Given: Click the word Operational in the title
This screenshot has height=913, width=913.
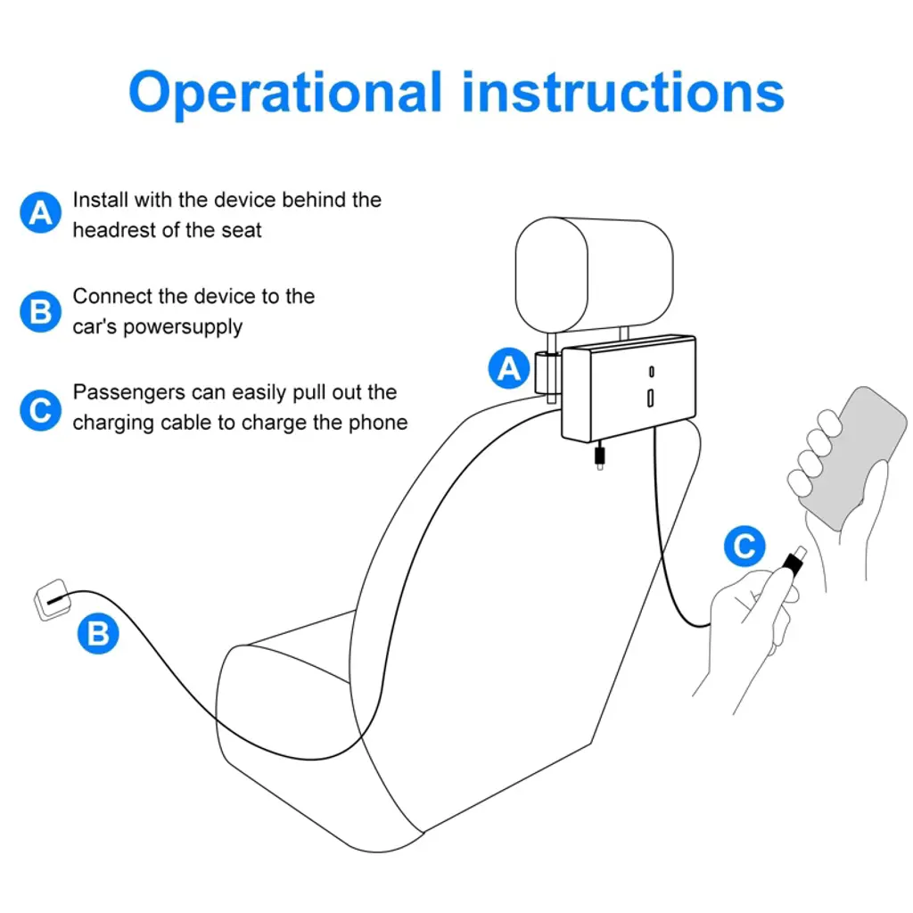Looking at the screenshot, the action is click(286, 93).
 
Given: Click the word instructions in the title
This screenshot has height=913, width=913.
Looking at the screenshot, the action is click(623, 92).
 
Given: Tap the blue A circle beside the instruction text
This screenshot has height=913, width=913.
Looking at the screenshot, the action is click(41, 212).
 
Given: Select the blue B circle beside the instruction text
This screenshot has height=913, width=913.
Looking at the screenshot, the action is click(41, 311).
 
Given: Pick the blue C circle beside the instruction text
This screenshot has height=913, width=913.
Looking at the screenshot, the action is click(41, 410).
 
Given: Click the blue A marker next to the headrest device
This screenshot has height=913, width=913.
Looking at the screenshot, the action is click(509, 368).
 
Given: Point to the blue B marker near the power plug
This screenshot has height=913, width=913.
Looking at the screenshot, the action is click(98, 633).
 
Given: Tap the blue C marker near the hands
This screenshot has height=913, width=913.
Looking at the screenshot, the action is click(744, 547).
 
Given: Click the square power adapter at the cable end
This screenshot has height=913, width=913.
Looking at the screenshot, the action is click(53, 600).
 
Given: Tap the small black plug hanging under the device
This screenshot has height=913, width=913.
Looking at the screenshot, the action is click(600, 456).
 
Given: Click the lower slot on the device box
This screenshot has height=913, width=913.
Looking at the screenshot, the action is click(650, 399).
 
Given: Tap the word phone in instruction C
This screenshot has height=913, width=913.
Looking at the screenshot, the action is click(378, 423).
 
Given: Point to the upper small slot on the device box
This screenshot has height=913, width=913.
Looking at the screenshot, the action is click(651, 372).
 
